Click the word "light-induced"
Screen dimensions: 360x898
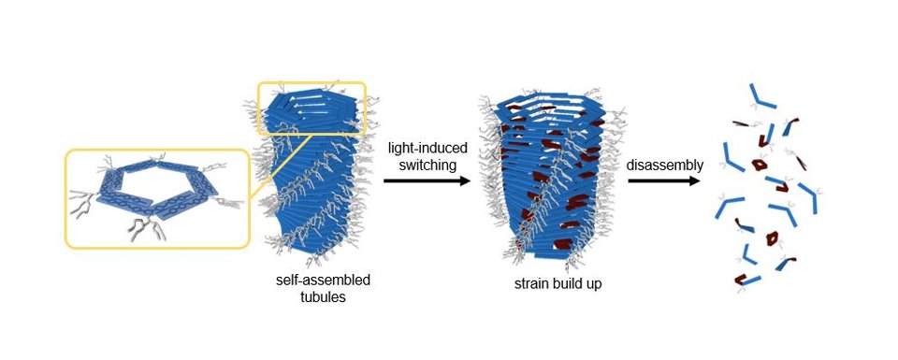[420, 147]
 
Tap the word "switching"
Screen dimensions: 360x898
[420, 165]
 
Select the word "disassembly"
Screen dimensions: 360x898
[664, 165]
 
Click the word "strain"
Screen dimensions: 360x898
[532, 283]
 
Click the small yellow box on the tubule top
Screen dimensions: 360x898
[311, 108]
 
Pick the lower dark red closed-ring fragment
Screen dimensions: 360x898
[773, 238]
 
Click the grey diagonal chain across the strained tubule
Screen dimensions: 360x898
[543, 196]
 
